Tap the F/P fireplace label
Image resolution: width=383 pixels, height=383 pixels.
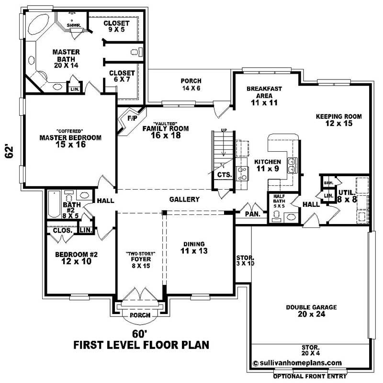[133, 118]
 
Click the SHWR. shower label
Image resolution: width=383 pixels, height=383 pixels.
[74, 25]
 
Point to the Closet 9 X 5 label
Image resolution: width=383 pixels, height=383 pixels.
[116, 26]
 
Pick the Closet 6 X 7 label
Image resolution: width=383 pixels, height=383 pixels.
[122, 76]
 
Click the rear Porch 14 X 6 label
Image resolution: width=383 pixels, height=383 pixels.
[191, 84]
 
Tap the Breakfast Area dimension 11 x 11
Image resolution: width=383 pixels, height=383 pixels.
[264, 102]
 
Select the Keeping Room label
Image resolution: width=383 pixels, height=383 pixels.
[339, 120]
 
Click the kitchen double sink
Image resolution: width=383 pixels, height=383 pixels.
[292, 166]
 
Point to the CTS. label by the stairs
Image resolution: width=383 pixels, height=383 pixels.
[225, 175]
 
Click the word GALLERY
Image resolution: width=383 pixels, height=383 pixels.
[184, 199]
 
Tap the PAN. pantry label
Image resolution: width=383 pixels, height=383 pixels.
[253, 214]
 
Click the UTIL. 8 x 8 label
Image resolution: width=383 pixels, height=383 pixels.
[347, 196]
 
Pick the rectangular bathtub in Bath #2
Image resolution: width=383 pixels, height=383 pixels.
[54, 204]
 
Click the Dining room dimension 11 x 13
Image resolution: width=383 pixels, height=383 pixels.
[194, 251]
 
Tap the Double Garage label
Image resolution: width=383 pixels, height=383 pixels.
[312, 311]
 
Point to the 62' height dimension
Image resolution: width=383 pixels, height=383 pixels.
[9, 152]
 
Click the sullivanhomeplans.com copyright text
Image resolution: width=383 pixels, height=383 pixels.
[297, 363]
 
